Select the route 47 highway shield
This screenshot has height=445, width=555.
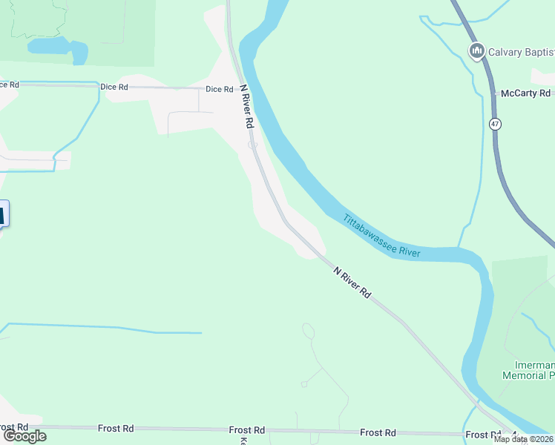[495, 124]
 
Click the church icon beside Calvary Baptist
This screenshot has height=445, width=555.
[476, 51]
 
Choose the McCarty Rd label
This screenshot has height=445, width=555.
[525, 93]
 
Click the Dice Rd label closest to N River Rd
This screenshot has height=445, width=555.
[219, 89]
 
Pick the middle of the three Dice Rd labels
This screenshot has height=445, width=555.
[114, 88]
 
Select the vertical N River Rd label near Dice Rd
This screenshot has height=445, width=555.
[247, 106]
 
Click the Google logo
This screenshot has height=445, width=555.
[24, 436]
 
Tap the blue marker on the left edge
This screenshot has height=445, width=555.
[2, 215]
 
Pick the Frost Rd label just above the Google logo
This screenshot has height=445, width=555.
[13, 428]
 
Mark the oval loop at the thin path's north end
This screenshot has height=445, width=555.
[308, 331]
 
